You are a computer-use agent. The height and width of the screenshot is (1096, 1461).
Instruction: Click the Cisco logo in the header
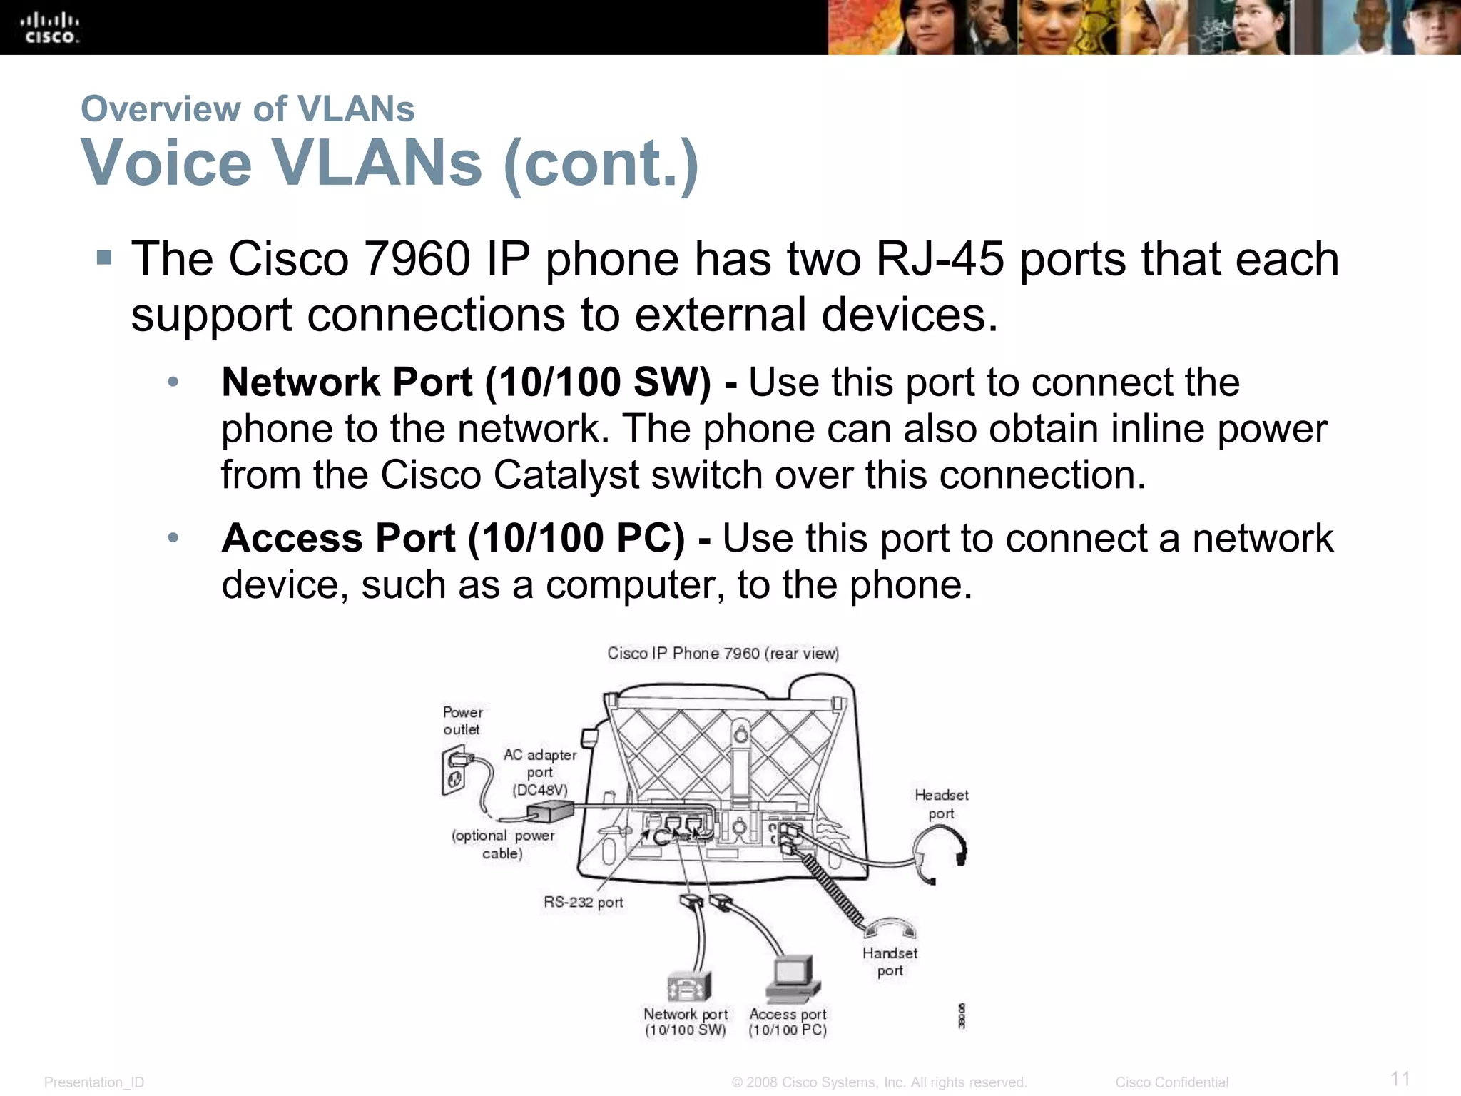pyautogui.click(x=50, y=28)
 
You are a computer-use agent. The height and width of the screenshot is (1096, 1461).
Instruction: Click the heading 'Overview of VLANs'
pyautogui.click(x=248, y=109)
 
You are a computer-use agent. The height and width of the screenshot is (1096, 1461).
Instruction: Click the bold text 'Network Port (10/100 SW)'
pyautogui.click(x=466, y=382)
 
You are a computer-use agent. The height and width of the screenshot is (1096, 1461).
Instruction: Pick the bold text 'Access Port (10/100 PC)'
pyautogui.click(x=453, y=538)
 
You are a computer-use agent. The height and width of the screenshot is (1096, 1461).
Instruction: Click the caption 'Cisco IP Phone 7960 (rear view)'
pyautogui.click(x=723, y=654)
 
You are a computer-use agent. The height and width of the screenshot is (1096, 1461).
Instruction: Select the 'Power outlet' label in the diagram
pyautogui.click(x=462, y=721)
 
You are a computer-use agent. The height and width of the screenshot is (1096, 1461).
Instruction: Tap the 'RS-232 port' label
pyautogui.click(x=583, y=903)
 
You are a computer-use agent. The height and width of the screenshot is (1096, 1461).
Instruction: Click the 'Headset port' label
pyautogui.click(x=941, y=804)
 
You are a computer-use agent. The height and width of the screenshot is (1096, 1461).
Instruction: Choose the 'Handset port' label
pyautogui.click(x=890, y=962)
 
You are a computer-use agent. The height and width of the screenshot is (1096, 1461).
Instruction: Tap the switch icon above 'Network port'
pyautogui.click(x=688, y=986)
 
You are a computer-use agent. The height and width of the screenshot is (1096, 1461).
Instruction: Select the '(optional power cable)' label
pyautogui.click(x=503, y=844)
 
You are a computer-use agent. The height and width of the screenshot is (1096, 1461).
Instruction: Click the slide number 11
pyautogui.click(x=1400, y=1078)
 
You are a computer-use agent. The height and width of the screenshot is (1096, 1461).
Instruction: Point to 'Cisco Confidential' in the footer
pyautogui.click(x=1171, y=1082)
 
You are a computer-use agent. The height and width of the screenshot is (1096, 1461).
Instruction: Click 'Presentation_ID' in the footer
pyautogui.click(x=94, y=1082)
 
